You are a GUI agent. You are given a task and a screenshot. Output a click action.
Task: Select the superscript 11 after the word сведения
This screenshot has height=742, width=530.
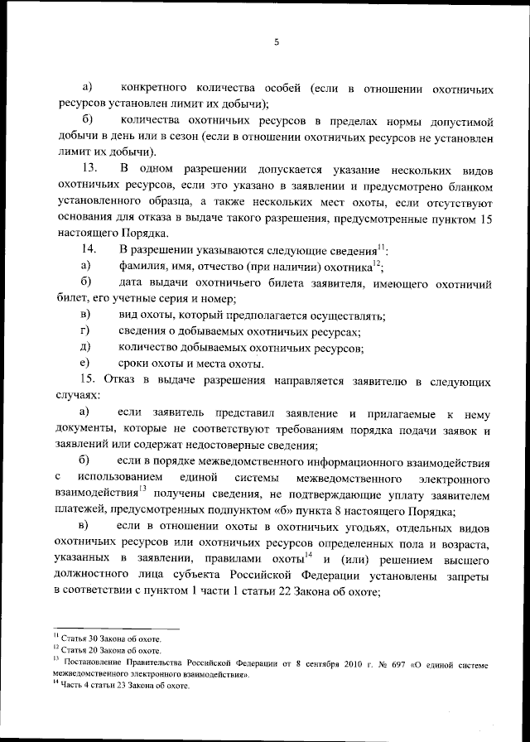click(x=381, y=246)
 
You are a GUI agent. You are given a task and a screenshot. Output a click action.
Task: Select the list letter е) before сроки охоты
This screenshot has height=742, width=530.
click(x=84, y=364)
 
